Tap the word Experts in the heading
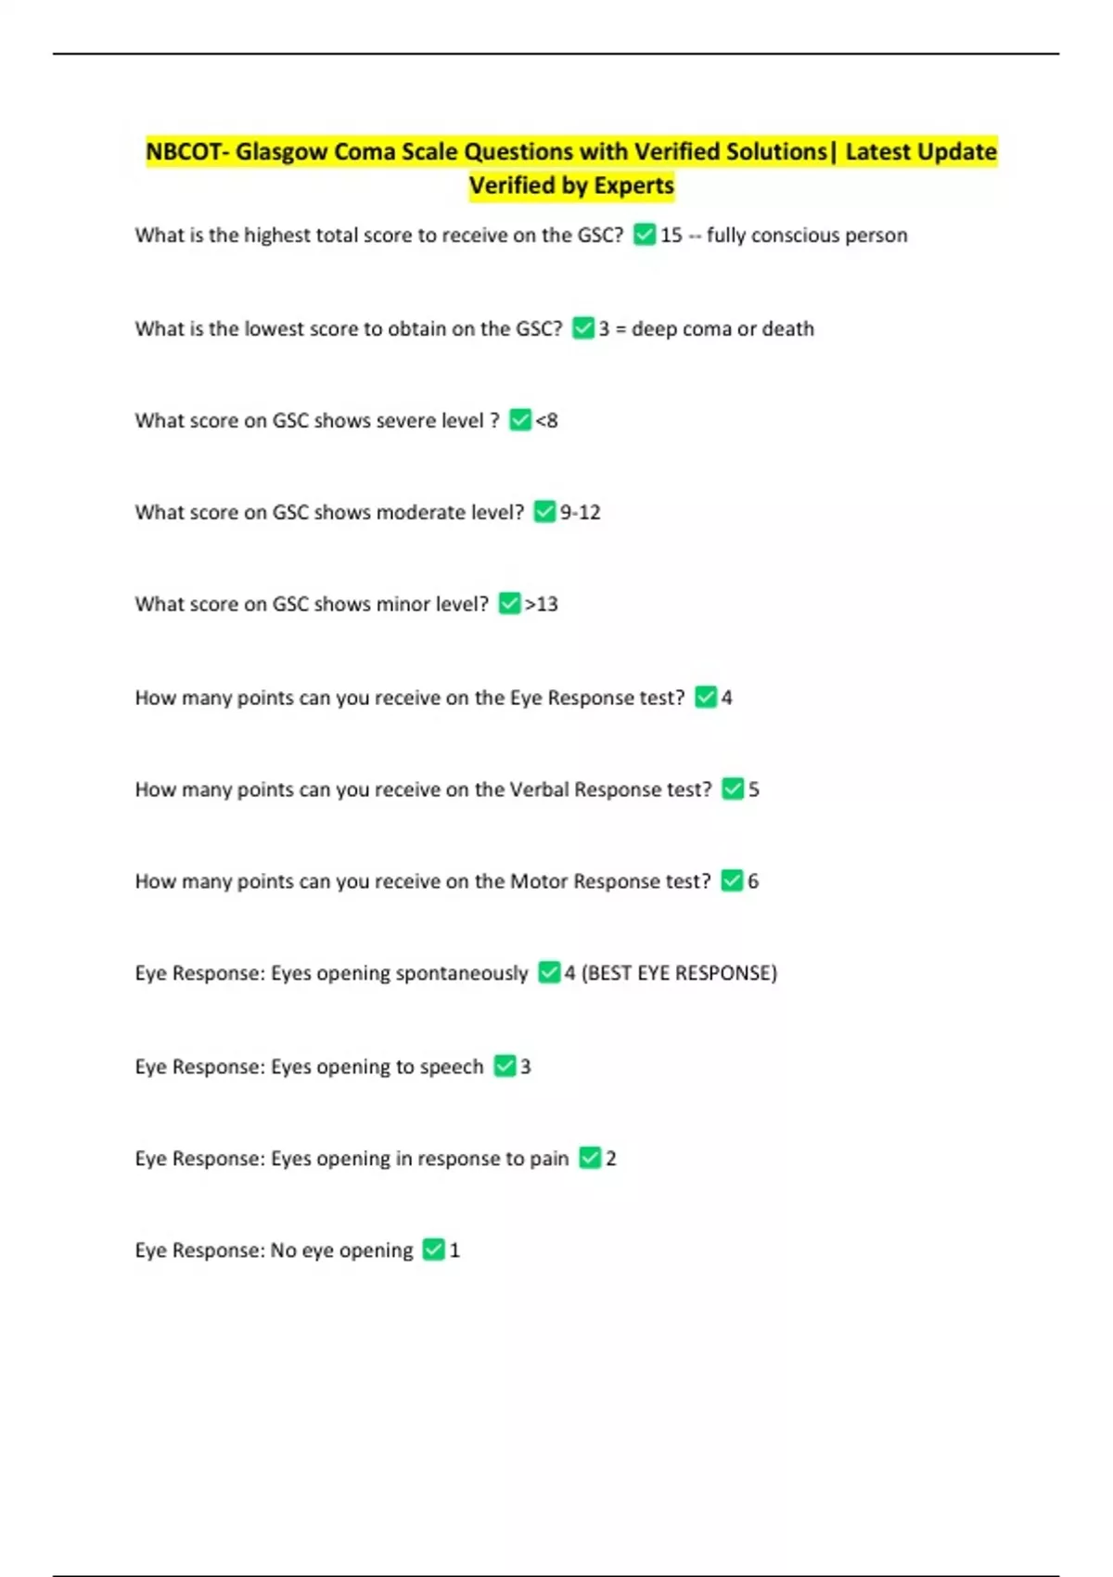pos(633,186)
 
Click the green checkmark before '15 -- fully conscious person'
pos(645,235)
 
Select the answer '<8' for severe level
pos(547,420)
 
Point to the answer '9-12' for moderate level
pos(581,512)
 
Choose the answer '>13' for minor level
pos(542,604)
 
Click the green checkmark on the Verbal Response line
pos(733,788)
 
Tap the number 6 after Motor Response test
pos(753,881)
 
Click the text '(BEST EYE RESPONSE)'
pos(679,973)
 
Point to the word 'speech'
pos(452,1067)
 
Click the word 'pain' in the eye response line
pos(549,1159)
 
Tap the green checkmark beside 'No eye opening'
pos(433,1250)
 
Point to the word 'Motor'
pos(539,881)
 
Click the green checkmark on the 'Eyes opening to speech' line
pos(505,1066)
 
